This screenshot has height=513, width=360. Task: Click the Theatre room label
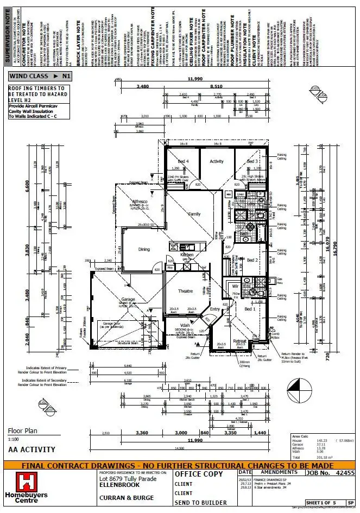186,292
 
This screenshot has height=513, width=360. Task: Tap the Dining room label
144,250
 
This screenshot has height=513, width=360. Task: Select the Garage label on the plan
128,299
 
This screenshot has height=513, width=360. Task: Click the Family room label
194,214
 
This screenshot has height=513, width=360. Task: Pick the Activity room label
217,161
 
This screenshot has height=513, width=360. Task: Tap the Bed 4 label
183,161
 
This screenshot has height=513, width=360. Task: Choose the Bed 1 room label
250,309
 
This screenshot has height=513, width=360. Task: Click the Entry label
214,309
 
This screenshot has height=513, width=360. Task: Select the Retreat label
240,341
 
